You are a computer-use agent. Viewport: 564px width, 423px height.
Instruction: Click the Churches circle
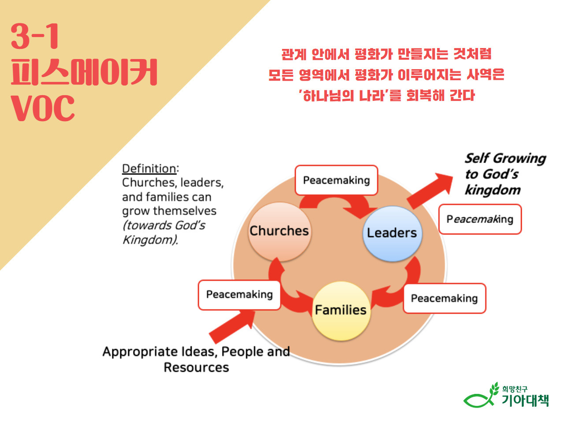click(x=279, y=231)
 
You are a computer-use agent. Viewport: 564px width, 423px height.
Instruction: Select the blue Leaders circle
click(x=392, y=233)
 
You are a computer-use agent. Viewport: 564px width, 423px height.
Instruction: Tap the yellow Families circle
click(x=341, y=311)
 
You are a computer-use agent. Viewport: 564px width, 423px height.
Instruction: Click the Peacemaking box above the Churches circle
click(x=336, y=180)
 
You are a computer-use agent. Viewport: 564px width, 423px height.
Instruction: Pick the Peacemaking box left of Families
click(x=239, y=295)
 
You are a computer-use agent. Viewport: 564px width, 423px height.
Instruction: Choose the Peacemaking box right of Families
click(x=444, y=299)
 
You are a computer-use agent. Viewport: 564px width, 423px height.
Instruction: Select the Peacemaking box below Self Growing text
click(x=480, y=219)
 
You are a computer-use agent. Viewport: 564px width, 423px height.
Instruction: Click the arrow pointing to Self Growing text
click(x=430, y=190)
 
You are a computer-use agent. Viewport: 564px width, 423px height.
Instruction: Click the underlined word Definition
click(x=149, y=169)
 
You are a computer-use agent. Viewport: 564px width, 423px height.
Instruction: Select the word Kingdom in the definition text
click(x=150, y=240)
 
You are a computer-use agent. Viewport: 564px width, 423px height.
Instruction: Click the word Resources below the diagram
click(x=196, y=367)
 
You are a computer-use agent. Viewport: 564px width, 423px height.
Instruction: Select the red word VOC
click(x=43, y=108)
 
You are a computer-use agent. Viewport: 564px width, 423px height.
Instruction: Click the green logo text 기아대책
click(x=525, y=400)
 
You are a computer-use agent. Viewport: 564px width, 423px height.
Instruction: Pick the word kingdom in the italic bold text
click(x=493, y=190)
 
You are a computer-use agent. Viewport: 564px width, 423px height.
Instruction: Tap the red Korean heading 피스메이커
click(x=84, y=72)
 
